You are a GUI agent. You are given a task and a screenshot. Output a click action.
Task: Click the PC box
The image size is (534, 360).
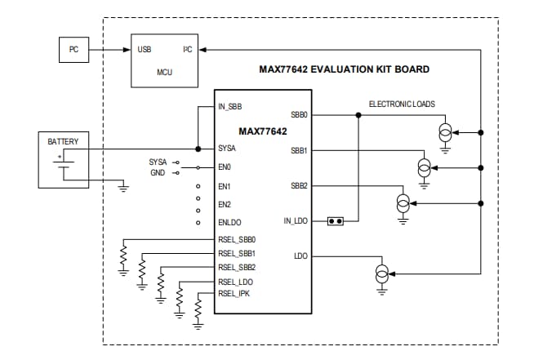click(73, 51)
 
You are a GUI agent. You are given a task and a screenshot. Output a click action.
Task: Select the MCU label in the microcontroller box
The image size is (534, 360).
click(164, 72)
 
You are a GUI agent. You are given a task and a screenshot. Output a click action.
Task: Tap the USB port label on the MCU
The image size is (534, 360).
click(145, 50)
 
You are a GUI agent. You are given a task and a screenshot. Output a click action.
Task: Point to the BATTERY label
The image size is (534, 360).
click(63, 141)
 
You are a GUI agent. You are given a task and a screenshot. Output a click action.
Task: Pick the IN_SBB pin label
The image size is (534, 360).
click(230, 107)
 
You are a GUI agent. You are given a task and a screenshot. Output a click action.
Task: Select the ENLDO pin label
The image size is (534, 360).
click(230, 222)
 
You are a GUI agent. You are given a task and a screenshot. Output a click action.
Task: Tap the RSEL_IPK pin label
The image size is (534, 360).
click(234, 293)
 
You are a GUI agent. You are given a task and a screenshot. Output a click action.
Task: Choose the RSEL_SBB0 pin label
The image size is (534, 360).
click(237, 240)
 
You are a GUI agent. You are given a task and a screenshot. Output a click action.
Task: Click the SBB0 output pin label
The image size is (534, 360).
click(299, 115)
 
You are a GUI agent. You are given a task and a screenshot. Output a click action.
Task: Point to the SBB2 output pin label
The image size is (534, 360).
click(299, 186)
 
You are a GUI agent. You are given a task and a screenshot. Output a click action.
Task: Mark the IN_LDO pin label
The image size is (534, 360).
click(295, 221)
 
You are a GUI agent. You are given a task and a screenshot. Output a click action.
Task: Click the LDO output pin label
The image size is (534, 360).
click(300, 256)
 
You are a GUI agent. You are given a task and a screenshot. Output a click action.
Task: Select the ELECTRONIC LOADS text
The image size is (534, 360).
click(402, 104)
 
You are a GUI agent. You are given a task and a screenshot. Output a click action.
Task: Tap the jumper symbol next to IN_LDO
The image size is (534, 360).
click(334, 221)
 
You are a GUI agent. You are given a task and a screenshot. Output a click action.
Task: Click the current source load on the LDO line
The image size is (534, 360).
click(380, 273)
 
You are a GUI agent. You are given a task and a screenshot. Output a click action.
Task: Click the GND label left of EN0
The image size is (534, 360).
click(157, 173)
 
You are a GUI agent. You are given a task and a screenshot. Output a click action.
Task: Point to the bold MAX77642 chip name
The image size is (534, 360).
click(263, 131)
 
